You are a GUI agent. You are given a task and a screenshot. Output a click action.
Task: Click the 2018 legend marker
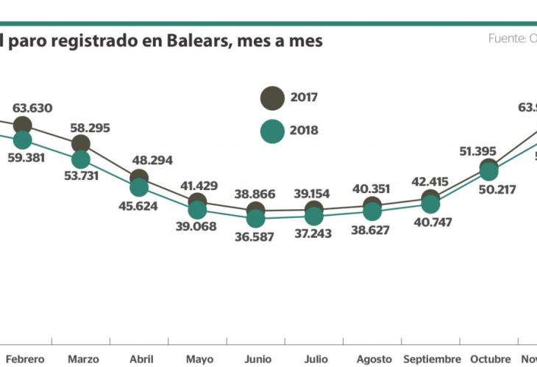point(272,131)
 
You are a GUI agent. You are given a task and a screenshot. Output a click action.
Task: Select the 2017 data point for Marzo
point(81,145)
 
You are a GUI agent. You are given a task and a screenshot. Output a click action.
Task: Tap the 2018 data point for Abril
point(139,187)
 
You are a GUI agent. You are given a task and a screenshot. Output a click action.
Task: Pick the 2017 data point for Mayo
point(197,201)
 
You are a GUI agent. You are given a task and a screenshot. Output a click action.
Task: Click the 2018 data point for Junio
point(255,218)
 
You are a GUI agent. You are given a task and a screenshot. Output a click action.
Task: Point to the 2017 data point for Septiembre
point(430,197)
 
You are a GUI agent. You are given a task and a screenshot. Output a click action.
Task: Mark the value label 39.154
point(314,194)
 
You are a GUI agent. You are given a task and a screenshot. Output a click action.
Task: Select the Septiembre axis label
point(431,359)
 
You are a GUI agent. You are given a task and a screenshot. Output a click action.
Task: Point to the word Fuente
point(506,38)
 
